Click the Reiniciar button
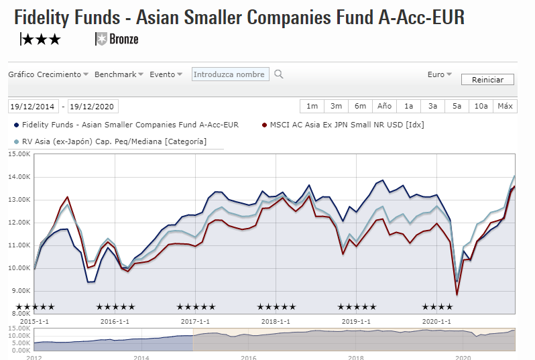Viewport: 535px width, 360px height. point(487,80)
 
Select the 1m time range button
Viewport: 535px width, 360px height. point(312,106)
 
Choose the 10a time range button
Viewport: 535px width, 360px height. point(481,106)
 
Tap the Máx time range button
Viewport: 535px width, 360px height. point(505,106)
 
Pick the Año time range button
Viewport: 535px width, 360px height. point(384,106)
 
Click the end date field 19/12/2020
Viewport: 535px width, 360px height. point(93,107)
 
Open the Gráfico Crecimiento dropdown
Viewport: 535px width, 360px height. point(48,74)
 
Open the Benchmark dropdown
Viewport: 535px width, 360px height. point(119,74)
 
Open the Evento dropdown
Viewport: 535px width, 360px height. point(166,74)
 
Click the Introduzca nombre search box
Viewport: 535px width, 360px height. point(231,74)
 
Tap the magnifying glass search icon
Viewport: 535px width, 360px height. point(279,74)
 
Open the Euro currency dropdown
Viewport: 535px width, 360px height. point(439,74)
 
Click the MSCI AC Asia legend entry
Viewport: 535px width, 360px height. point(346,124)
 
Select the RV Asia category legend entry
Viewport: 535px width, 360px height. point(114,141)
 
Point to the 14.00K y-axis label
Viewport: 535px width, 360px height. point(19,177)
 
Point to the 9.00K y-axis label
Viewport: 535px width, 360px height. point(20,290)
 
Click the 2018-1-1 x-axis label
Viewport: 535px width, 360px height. point(275,321)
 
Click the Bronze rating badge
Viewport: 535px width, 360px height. point(118,39)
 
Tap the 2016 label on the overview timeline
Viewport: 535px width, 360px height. point(249,356)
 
